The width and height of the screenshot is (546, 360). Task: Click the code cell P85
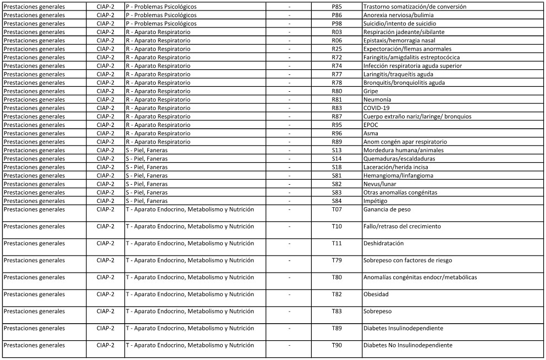pyautogui.click(x=337, y=7)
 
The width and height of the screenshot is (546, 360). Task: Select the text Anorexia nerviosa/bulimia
pyautogui.click(x=398, y=15)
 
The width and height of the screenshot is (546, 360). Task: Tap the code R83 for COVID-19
pyautogui.click(x=337, y=108)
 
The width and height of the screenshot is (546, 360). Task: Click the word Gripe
pyautogui.click(x=371, y=91)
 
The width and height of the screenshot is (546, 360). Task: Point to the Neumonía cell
pyautogui.click(x=377, y=99)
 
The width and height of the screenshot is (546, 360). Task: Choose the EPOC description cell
pyautogui.click(x=371, y=125)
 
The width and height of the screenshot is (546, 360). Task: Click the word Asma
pyautogui.click(x=370, y=133)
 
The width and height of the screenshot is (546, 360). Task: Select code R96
pyautogui.click(x=337, y=133)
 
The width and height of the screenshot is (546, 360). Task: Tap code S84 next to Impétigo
pyautogui.click(x=337, y=201)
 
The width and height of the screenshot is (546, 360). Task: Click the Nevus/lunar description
pyautogui.click(x=379, y=184)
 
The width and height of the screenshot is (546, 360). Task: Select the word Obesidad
pyautogui.click(x=376, y=295)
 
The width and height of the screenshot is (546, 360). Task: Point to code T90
pyautogui.click(x=337, y=345)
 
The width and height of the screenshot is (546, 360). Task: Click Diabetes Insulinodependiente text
pyautogui.click(x=403, y=329)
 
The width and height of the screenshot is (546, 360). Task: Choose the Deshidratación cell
pyautogui.click(x=383, y=243)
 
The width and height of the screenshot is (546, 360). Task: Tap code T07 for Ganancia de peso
pyautogui.click(x=337, y=209)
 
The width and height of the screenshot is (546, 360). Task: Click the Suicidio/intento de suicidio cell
pyautogui.click(x=400, y=24)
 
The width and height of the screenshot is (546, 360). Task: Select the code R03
pyautogui.click(x=337, y=32)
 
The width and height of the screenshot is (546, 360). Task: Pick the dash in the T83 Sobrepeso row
pyautogui.click(x=289, y=312)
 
